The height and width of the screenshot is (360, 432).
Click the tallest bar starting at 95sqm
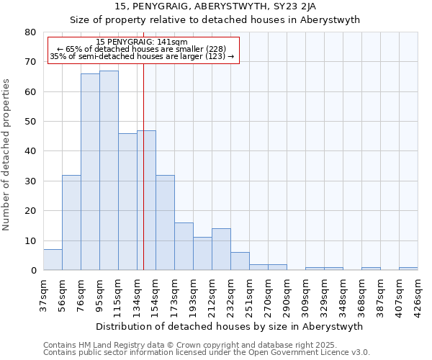[109, 171]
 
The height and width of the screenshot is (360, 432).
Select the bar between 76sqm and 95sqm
[90, 172]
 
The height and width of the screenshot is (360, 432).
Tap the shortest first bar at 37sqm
[53, 260]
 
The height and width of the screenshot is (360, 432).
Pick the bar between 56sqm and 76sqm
[71, 222]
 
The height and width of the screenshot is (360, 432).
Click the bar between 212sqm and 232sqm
[221, 249]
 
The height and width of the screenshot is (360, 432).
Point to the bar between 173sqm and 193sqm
[184, 246]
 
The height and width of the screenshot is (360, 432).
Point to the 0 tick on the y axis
[32, 271]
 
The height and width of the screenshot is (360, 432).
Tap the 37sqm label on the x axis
[43, 292]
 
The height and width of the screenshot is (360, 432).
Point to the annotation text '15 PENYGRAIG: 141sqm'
[142, 42]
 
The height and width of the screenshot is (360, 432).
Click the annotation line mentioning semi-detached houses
[142, 56]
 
